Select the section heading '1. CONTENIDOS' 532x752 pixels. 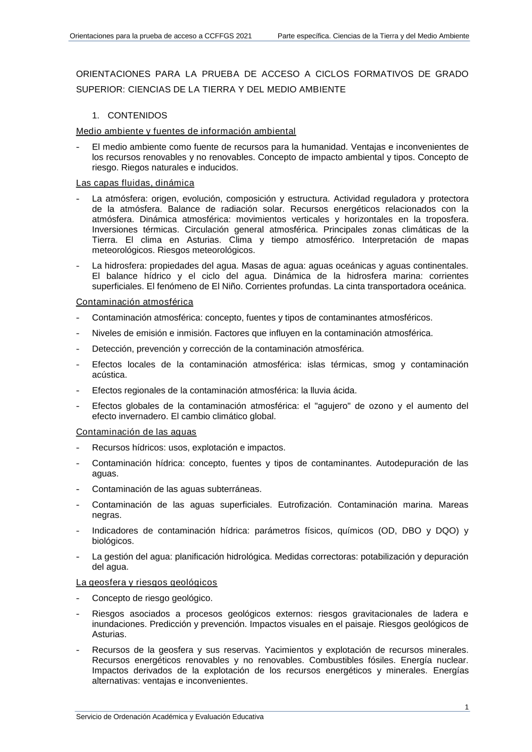tap(130, 115)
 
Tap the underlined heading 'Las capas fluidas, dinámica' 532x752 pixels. tap(135, 183)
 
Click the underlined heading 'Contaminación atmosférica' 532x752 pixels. tap(135, 302)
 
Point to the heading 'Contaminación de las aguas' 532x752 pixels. tap(136, 432)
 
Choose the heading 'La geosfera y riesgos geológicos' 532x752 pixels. tap(146, 582)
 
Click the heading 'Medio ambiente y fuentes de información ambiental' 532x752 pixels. tap(186, 131)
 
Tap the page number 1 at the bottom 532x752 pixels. tap(467, 707)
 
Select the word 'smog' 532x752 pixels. tap(384, 364)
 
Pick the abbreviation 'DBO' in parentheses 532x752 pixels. tap(411, 531)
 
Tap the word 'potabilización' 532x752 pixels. tap(388, 556)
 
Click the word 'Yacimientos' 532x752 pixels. tap(289, 650)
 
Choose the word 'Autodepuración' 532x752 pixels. tap(407, 463)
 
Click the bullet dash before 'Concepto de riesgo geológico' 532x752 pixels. tap(79, 598)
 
